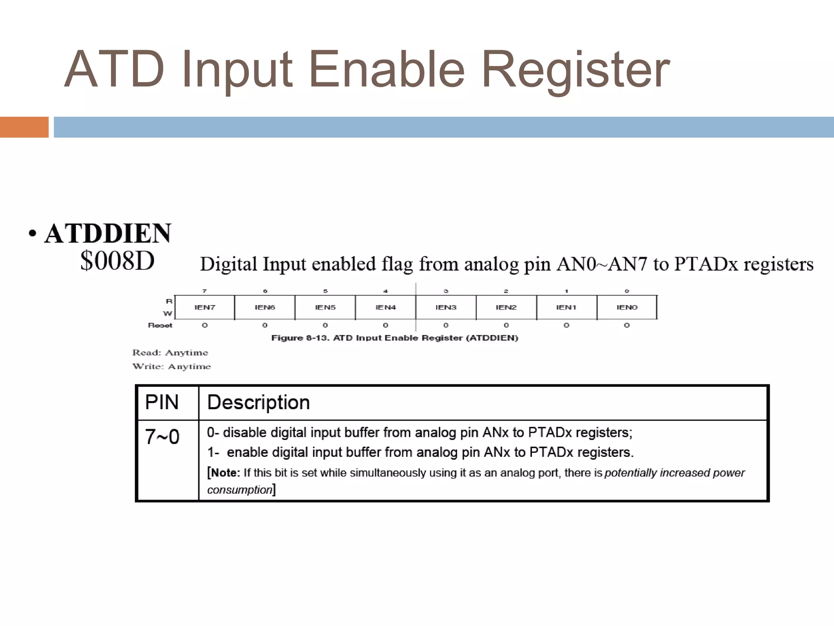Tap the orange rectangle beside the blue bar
(x=24, y=127)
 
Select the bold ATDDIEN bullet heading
(x=108, y=234)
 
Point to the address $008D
(x=117, y=261)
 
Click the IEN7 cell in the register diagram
(x=204, y=307)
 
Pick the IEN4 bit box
(x=385, y=307)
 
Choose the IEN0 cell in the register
(x=627, y=307)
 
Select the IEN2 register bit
(x=506, y=307)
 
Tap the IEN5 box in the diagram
(x=325, y=307)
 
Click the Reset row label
(x=160, y=325)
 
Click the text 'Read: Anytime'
(x=170, y=353)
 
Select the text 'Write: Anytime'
(x=171, y=366)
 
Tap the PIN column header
(x=162, y=402)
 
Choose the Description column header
(x=258, y=402)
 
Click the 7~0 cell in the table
(x=162, y=437)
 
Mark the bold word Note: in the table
(x=226, y=473)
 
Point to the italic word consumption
(x=239, y=490)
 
